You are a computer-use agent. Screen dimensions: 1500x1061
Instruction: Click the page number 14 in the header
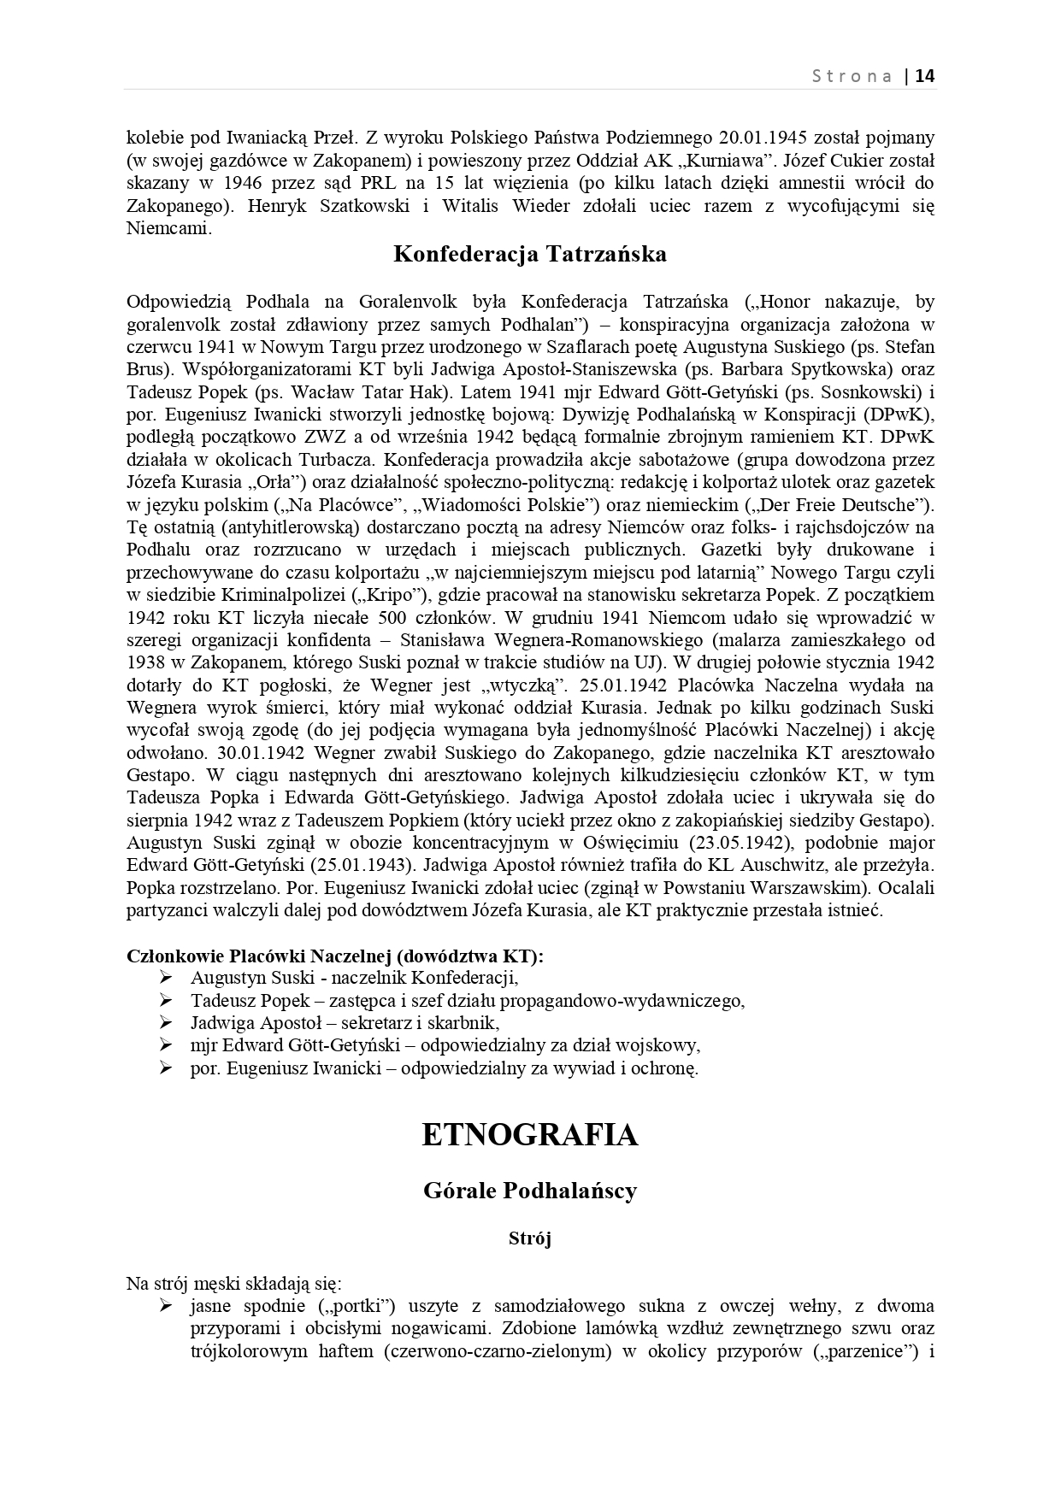point(925,75)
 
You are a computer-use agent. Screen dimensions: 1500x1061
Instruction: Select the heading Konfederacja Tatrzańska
point(530,254)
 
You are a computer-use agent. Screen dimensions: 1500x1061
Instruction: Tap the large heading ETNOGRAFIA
point(530,1134)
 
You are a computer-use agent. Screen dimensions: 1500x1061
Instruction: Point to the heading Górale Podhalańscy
point(530,1191)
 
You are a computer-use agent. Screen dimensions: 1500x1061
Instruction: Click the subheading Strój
point(530,1238)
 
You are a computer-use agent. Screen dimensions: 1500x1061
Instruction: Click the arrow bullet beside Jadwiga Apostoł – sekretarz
point(166,1023)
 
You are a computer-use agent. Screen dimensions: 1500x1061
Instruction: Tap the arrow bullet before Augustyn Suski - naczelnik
point(166,978)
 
